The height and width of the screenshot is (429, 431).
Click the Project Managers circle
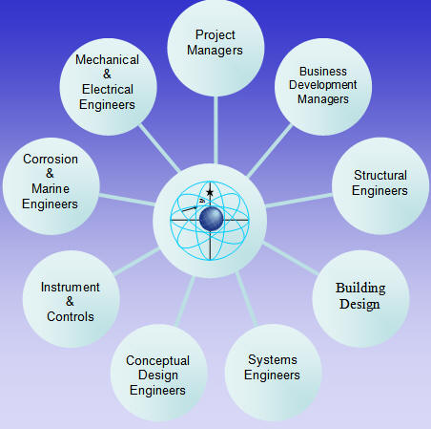coord(215,48)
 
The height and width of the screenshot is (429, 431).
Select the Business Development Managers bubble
coord(323,87)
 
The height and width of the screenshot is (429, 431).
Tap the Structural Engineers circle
coord(380,186)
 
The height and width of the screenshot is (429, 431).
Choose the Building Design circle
coord(360,299)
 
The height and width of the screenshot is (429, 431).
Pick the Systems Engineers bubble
coord(274,373)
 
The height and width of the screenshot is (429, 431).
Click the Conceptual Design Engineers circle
coord(159,373)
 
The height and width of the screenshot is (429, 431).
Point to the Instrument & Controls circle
coord(72,299)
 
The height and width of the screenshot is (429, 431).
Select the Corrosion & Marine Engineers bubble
coord(51,186)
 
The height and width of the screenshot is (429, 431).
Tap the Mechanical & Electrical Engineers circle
coord(108,87)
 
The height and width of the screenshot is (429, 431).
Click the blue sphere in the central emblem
coord(212,219)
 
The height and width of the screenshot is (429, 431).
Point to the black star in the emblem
coord(210,192)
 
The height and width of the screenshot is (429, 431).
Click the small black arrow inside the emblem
coord(189,208)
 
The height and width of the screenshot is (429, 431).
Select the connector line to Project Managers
coord(215,130)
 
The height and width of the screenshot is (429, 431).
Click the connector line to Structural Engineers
coord(298,201)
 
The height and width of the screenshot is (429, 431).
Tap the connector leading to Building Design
coord(290,258)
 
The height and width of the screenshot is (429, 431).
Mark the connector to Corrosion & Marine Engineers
coord(127,200)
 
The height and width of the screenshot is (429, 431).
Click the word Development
coord(323,85)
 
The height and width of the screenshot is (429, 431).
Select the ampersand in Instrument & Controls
coord(70,301)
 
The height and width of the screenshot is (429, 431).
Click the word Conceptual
coord(157,361)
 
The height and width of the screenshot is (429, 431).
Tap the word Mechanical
coord(107,60)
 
